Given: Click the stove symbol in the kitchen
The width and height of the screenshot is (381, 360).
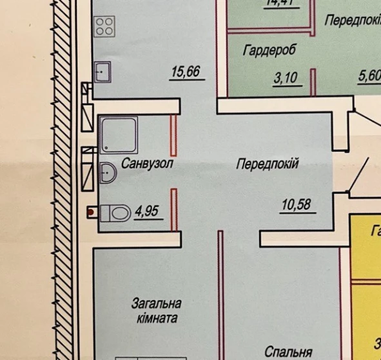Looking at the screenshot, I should pyautogui.click(x=104, y=26).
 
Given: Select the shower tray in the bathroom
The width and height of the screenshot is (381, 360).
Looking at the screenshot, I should pyautogui.click(x=119, y=134).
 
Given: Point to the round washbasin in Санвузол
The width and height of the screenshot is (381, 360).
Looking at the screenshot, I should pyautogui.click(x=108, y=172).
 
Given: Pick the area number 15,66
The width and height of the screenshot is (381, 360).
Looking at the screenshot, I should pyautogui.click(x=184, y=72).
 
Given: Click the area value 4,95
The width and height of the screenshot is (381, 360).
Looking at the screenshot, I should pyautogui.click(x=147, y=211).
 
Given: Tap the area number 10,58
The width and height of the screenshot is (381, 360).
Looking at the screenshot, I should pyautogui.click(x=296, y=206).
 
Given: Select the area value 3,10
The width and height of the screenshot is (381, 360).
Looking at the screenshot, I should pyautogui.click(x=286, y=79).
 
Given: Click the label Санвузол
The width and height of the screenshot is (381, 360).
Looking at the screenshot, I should pyautogui.click(x=147, y=163).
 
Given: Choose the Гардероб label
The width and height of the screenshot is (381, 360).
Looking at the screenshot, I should pyautogui.click(x=265, y=49).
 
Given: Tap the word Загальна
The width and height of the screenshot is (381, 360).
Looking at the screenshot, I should pyautogui.click(x=156, y=303).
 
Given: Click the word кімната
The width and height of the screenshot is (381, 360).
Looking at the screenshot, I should pyautogui.click(x=155, y=318).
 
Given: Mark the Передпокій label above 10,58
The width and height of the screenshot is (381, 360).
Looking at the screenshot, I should pyautogui.click(x=268, y=165).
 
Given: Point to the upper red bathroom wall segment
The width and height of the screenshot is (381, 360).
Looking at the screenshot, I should pyautogui.click(x=173, y=132).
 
